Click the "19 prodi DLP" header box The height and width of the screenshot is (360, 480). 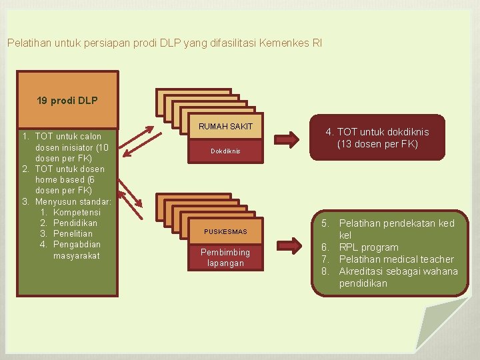(x=67, y=100)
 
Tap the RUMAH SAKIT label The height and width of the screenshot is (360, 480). (x=225, y=127)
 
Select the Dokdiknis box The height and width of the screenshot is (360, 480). (x=225, y=151)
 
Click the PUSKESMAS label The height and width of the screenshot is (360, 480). (x=225, y=231)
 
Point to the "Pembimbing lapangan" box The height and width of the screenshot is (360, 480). (x=225, y=257)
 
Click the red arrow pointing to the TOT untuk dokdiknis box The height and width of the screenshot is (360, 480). (x=287, y=139)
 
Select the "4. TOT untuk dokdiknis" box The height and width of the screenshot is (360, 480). (x=377, y=137)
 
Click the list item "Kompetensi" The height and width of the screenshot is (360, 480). (x=76, y=212)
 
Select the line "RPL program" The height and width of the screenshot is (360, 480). (x=369, y=247)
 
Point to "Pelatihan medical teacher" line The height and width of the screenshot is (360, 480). (x=396, y=259)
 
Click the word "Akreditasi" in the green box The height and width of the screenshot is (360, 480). (x=361, y=271)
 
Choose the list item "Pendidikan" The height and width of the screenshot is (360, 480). (x=75, y=223)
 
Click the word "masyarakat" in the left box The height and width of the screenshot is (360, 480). (x=77, y=255)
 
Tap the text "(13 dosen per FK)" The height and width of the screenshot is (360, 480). (x=377, y=144)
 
